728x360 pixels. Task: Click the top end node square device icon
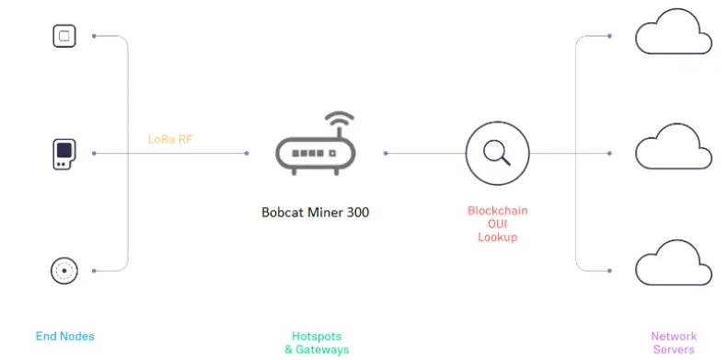coord(64,37)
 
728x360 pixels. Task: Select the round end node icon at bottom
coord(64,271)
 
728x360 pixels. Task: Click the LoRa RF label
coord(171,140)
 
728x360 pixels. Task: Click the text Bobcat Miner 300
coord(315,212)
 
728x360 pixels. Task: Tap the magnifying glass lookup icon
coord(497,153)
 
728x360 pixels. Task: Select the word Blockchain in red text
coord(498,211)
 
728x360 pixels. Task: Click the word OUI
coord(498,224)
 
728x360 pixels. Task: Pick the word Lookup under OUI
coord(498,237)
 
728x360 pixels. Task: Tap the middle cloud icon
coord(674,148)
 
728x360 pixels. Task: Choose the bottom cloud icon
coord(674,264)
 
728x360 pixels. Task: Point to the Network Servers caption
coord(674,343)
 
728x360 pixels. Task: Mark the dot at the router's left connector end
coord(247,154)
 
